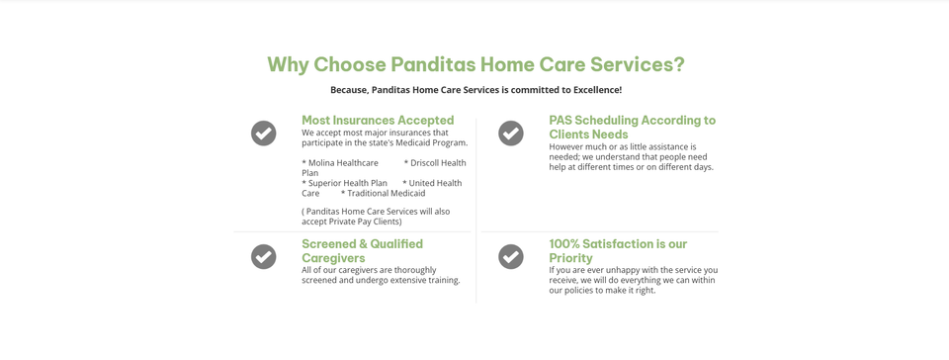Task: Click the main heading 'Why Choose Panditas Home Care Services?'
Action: coord(475,64)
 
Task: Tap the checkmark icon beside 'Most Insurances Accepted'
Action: coord(263,134)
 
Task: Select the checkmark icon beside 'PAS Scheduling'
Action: coord(511,134)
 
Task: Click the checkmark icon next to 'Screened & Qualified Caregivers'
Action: coord(263,256)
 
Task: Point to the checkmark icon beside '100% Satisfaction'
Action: coord(511,256)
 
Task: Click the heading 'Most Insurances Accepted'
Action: coord(378,121)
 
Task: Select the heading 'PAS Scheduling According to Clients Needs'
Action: coord(633,127)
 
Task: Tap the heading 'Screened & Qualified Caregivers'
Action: coord(363,251)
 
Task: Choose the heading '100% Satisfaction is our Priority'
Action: coord(618,251)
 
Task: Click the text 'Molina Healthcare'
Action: coord(343,163)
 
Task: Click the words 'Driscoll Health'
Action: coord(438,163)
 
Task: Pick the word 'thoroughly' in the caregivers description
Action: coord(414,270)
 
